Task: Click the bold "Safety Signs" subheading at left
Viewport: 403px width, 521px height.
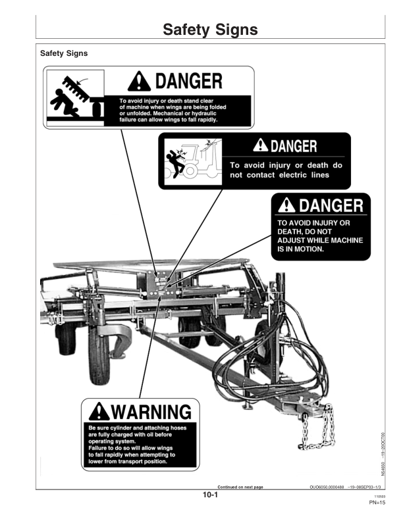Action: coord(64,53)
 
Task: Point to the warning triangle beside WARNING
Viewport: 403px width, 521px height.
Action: coord(99,412)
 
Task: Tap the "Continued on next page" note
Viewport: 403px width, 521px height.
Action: coord(240,487)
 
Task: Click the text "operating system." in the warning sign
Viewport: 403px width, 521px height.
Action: coord(110,441)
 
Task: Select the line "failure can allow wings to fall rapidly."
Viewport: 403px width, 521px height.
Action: coord(169,120)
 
